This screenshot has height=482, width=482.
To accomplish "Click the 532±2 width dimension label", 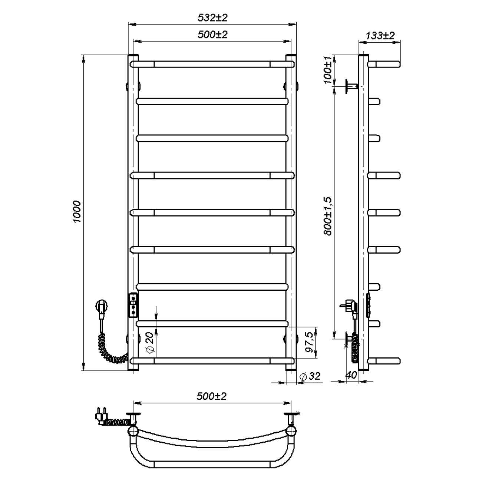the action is (212, 18).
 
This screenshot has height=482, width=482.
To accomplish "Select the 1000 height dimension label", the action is (77, 212).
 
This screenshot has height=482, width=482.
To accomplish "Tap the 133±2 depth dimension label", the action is (380, 36).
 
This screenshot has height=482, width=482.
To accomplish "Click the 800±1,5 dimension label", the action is (328, 216).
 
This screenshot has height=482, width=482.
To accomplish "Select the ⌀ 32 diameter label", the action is (310, 376).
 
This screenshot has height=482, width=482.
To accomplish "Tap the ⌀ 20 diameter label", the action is (150, 343).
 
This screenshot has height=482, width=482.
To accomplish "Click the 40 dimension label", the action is (351, 375).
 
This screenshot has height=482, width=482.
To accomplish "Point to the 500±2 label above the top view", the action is (211, 396).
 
